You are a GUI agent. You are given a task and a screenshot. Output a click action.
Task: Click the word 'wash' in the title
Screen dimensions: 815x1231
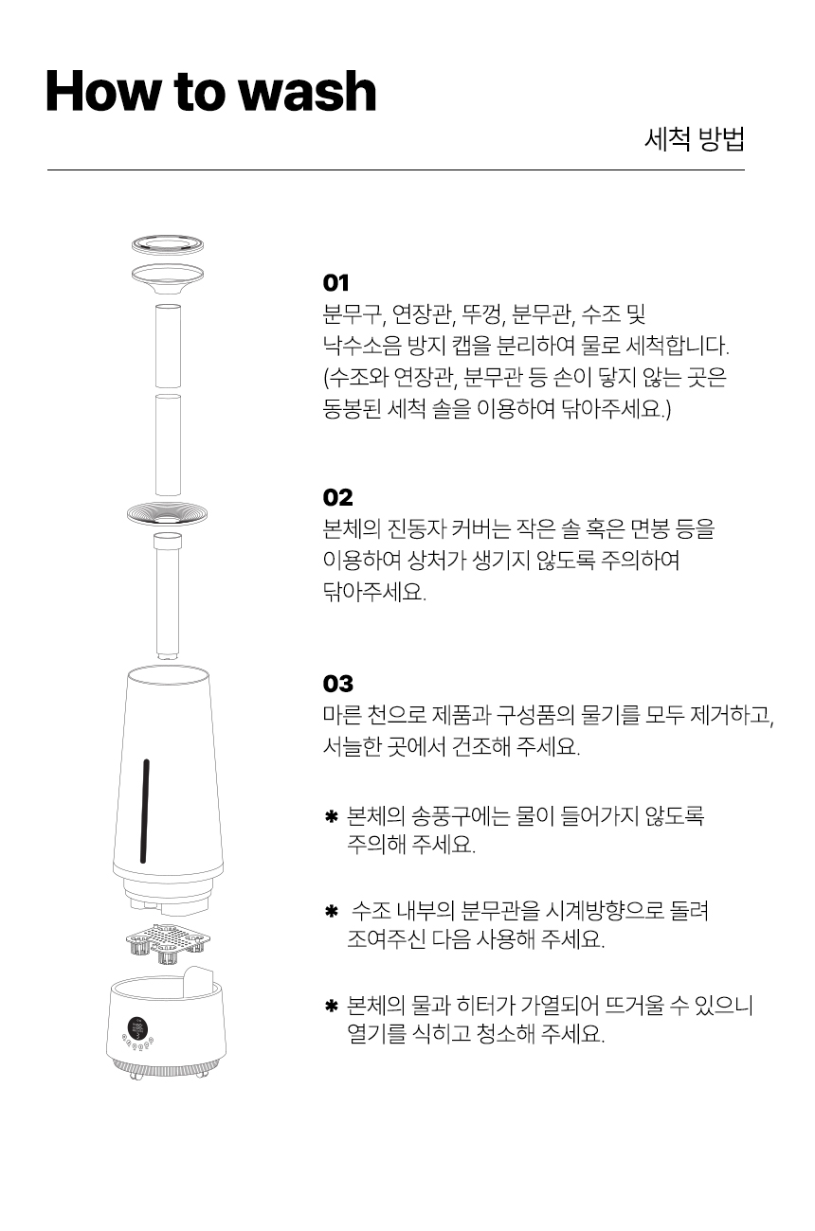[x=309, y=91]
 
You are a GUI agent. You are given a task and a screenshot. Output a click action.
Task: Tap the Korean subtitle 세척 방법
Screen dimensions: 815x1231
[x=694, y=138]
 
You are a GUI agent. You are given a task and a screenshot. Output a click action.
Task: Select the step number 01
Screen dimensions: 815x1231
[x=336, y=283]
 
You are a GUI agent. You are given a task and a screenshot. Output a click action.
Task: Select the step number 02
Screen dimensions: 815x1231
[x=337, y=497]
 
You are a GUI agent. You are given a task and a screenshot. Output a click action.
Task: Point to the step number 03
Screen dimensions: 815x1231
[x=337, y=684]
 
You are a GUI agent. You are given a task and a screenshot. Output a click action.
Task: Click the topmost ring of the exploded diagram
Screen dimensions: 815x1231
[x=167, y=244]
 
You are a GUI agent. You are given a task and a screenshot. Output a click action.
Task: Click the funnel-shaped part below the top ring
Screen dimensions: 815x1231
[x=167, y=279]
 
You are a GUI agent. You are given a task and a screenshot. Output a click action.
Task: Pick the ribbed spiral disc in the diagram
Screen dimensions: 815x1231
[x=167, y=514]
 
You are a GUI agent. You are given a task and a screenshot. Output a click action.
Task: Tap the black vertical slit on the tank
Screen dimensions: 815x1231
[x=145, y=812]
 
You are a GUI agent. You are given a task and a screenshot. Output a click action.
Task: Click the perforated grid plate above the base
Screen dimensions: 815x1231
[x=168, y=942]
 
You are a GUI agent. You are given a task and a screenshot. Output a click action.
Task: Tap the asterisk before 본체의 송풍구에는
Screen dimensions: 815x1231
[x=331, y=816]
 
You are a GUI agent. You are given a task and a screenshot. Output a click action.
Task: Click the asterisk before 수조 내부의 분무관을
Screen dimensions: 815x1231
[x=331, y=912]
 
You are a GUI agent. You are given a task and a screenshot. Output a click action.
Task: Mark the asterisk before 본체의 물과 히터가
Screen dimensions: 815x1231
[x=331, y=1007]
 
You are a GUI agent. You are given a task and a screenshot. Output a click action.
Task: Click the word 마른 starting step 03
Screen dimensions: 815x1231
[x=342, y=715]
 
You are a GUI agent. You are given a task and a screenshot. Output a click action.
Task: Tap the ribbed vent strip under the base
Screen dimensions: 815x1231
[x=166, y=1069]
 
